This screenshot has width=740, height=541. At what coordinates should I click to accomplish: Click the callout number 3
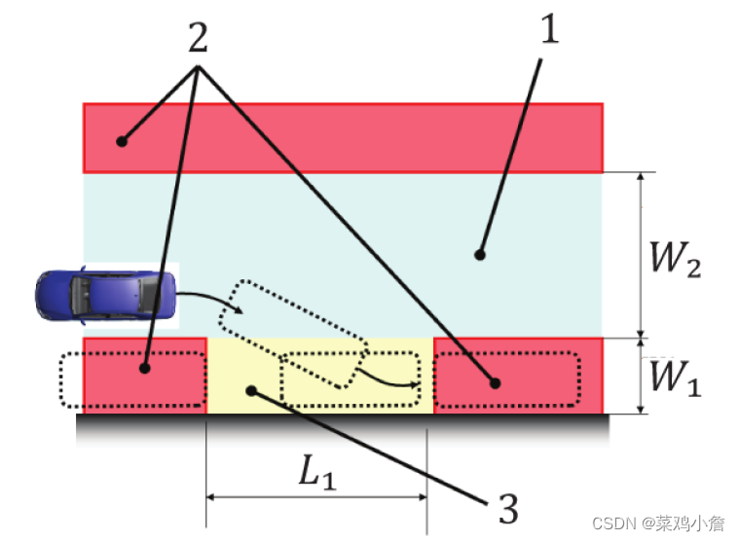[x=507, y=507]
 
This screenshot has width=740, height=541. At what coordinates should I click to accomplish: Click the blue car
[x=106, y=294]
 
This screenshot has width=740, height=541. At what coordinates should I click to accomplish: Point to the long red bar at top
[x=343, y=137]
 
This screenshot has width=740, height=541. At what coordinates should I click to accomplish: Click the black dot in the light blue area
[x=479, y=255]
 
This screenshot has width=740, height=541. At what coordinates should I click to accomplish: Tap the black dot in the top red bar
[x=121, y=141]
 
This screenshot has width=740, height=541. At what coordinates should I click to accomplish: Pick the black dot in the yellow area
[x=252, y=391]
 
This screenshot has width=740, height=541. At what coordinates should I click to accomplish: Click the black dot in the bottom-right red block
[x=496, y=383]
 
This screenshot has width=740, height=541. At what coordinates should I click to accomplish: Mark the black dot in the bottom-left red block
[x=145, y=369]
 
